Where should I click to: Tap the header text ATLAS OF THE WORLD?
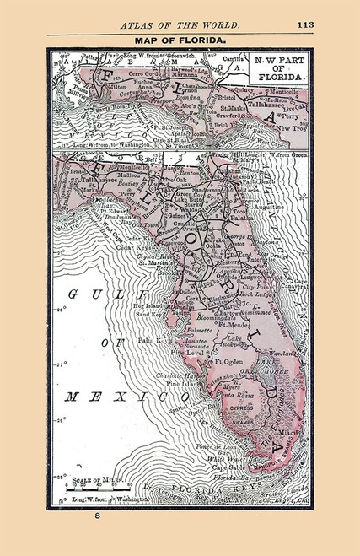tap(180, 24)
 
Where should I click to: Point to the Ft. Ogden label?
tap(230, 363)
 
